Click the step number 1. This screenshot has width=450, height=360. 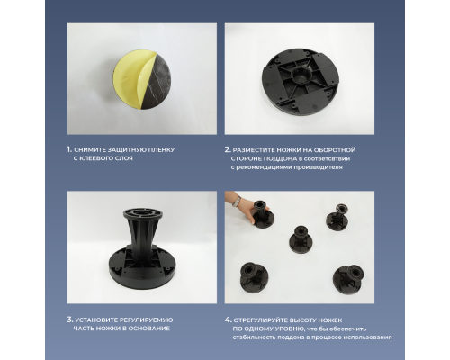click(69, 149)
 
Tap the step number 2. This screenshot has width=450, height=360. click(228, 149)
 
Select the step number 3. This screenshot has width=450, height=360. click(70, 319)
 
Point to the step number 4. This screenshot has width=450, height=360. click(229, 319)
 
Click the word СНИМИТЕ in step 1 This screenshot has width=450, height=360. click(87, 149)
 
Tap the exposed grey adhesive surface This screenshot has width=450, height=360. click(157, 83)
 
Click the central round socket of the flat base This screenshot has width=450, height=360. click(302, 75)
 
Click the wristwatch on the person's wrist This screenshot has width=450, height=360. click(238, 201)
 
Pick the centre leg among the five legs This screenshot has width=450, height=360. click(301, 239)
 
